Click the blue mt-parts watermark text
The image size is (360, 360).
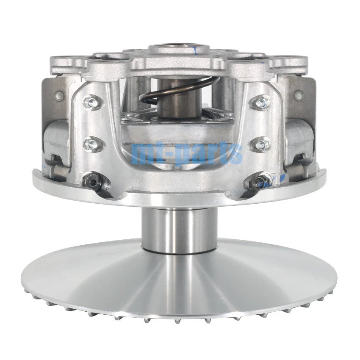[187, 154]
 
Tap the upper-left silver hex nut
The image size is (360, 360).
[92, 102]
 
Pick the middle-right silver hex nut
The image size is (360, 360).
[261, 144]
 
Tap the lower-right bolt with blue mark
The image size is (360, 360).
[259, 180]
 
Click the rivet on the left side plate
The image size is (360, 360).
[59, 94]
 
